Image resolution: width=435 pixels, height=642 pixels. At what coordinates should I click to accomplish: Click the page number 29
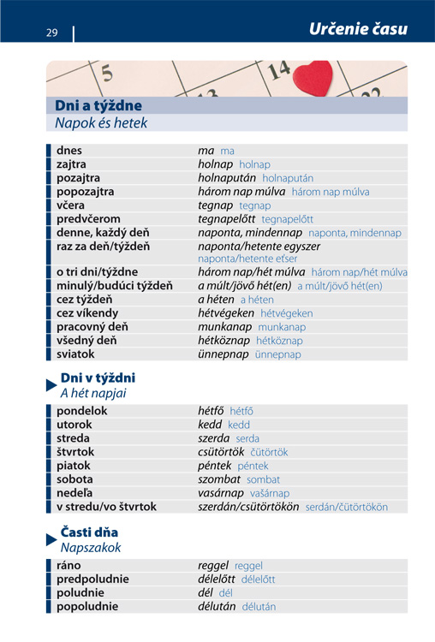pyautogui.click(x=52, y=33)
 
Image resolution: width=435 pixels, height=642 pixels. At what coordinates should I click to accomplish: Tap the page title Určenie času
pyautogui.click(x=358, y=29)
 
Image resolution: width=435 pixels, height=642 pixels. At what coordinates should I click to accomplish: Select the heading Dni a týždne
pyautogui.click(x=98, y=105)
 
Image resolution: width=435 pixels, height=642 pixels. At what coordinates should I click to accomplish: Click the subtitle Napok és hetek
pyautogui.click(x=101, y=123)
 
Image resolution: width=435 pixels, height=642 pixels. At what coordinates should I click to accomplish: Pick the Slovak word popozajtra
pyautogui.click(x=85, y=192)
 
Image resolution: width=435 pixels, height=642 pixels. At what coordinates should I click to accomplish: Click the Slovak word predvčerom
pyautogui.click(x=88, y=219)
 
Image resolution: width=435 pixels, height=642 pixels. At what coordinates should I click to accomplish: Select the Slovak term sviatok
pyautogui.click(x=75, y=354)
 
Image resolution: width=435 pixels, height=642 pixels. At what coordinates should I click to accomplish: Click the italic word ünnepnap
pyautogui.click(x=223, y=354)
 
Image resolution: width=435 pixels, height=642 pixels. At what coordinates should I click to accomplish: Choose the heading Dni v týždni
pyautogui.click(x=98, y=377)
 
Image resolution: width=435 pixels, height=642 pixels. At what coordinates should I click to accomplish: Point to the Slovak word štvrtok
pyautogui.click(x=75, y=451)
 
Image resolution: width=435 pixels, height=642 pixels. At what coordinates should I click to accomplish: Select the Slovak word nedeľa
pyautogui.click(x=74, y=493)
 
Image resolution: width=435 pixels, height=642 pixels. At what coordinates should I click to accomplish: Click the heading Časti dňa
pyautogui.click(x=89, y=532)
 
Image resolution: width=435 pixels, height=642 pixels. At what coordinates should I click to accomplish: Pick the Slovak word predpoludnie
pyautogui.click(x=92, y=580)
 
